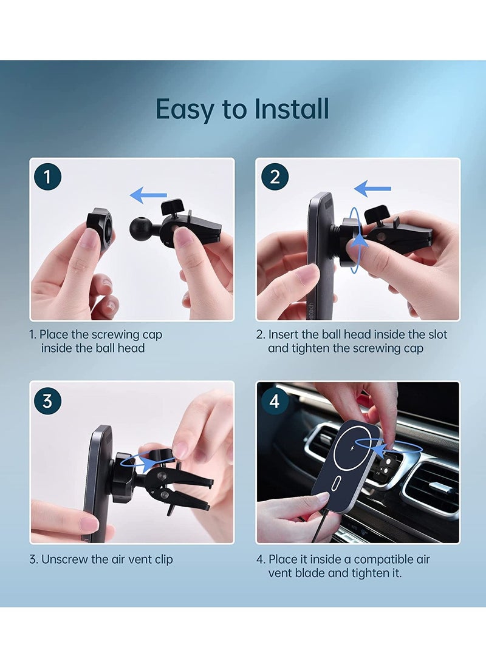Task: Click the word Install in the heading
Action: (x=292, y=109)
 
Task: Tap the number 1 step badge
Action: (x=48, y=177)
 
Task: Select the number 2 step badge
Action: (x=275, y=177)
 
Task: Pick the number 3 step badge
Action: (x=48, y=400)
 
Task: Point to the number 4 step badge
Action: (x=275, y=400)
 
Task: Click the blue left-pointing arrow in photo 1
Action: (x=148, y=195)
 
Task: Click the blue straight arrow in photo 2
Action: (x=372, y=188)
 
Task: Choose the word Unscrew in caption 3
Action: (x=65, y=559)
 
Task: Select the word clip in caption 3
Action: (x=163, y=560)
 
